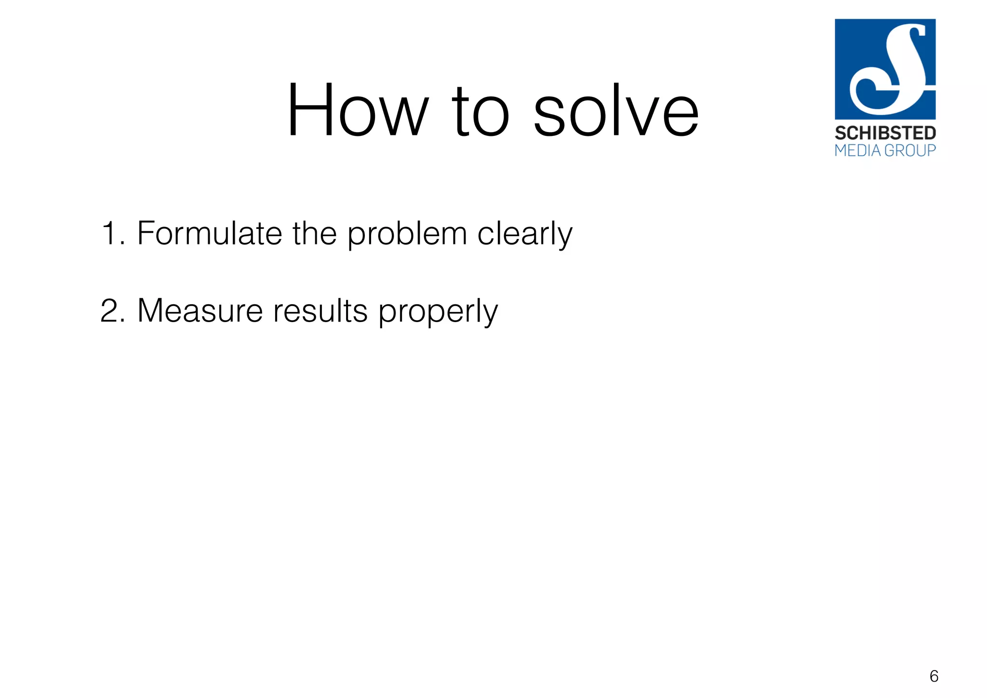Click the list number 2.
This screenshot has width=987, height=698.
coord(111,310)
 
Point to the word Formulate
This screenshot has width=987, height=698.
coord(209,233)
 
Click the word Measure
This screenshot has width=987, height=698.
coord(200,310)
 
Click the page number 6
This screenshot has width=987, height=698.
coord(934,676)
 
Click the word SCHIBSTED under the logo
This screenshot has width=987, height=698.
coord(885,133)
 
